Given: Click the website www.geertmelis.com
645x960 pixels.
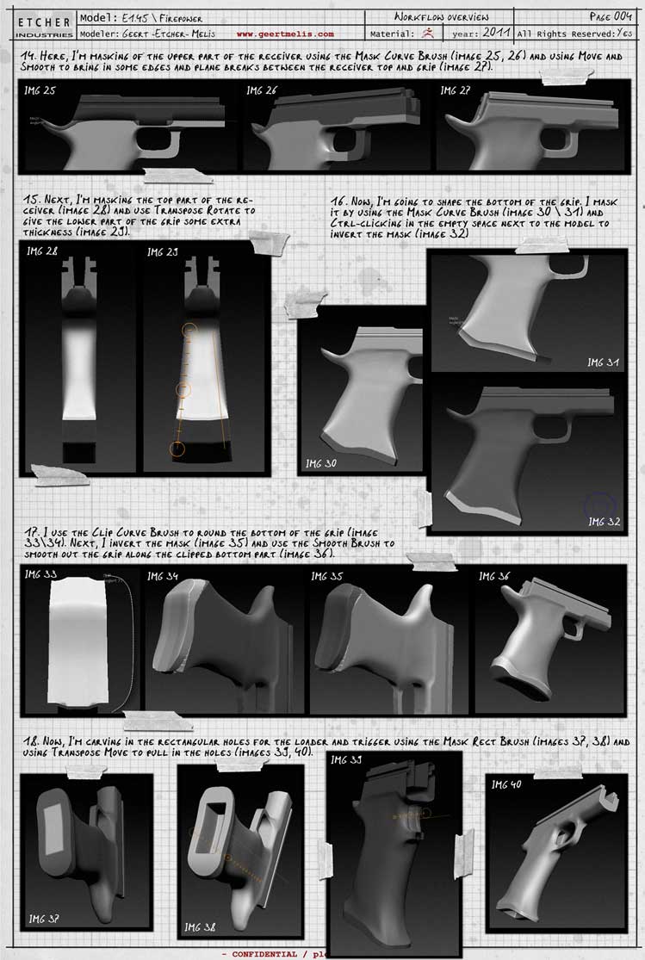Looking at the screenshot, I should pyautogui.click(x=285, y=34).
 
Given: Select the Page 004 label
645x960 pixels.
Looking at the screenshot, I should pyautogui.click(x=611, y=16).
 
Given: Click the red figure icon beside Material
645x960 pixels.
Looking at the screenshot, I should pyautogui.click(x=428, y=34).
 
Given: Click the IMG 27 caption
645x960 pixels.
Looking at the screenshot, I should pyautogui.click(x=455, y=90).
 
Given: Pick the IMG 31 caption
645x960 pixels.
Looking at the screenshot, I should pyautogui.click(x=601, y=362).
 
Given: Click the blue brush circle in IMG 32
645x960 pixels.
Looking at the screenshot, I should pyautogui.click(x=600, y=506).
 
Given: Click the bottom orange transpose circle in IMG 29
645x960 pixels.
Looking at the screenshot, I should pyautogui.click(x=177, y=448).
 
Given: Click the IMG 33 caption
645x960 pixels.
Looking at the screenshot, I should pyautogui.click(x=41, y=574).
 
